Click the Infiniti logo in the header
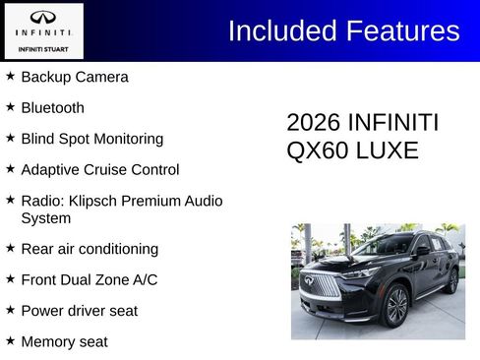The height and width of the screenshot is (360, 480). [43, 17]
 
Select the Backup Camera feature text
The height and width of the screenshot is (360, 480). [75, 77]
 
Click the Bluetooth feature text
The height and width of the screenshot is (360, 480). [53, 108]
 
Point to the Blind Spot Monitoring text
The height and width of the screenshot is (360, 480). [92, 139]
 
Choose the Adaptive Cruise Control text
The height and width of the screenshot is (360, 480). [100, 169]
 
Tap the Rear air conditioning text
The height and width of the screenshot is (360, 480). [90, 249]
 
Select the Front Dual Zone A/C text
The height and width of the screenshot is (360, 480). [90, 279]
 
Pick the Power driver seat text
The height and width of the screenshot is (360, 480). [80, 311]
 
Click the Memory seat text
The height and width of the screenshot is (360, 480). [65, 341]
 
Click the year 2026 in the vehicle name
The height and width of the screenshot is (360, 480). [313, 123]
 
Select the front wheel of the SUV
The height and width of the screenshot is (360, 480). [396, 306]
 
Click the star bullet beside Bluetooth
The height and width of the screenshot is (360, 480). [11, 106]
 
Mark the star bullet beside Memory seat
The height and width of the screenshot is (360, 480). [11, 340]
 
